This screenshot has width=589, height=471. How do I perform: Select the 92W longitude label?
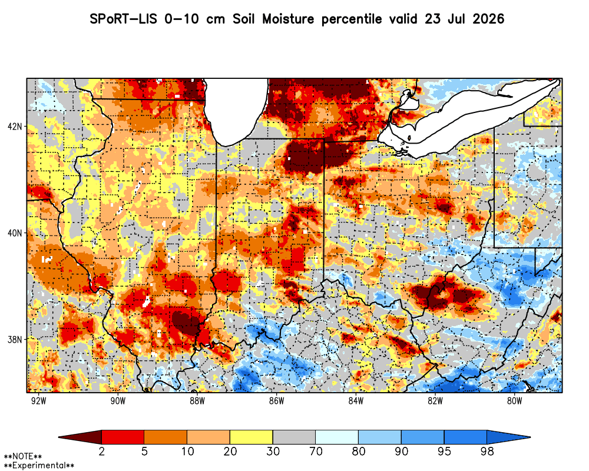pos(39,401)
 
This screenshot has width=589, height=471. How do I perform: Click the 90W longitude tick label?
pos(118,401)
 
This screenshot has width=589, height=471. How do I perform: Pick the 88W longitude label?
pos(197,401)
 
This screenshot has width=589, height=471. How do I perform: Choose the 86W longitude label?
pos(277,401)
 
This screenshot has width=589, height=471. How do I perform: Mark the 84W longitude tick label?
pos(356,401)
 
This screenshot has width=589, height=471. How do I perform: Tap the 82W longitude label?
pos(435,401)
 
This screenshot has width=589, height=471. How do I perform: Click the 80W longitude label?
pos(515,401)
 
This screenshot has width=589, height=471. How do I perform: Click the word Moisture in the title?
pos(288,19)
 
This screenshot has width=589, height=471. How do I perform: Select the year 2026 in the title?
pos(488,19)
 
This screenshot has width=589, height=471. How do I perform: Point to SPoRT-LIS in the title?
pos(124,19)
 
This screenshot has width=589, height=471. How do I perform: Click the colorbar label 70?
pos(316,451)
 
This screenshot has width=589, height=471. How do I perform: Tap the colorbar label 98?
pos(487,451)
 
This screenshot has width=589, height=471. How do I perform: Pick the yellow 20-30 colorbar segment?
pos(252,437)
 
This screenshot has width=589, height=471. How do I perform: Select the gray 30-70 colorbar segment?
pos(294,437)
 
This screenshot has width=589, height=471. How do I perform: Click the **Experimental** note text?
pos(39,466)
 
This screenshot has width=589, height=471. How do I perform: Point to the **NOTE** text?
pos(23,457)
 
